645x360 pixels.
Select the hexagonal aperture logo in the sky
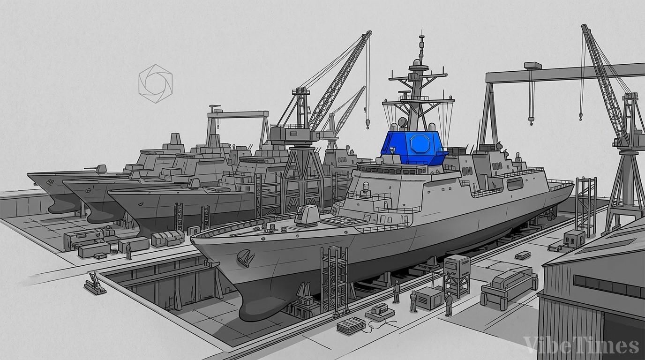point(156,84)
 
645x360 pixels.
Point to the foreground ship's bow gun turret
point(306,215)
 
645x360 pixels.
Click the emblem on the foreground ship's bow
point(246,257)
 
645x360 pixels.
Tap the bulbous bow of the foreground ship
point(259,305)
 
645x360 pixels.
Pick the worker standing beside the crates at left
point(129,251)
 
